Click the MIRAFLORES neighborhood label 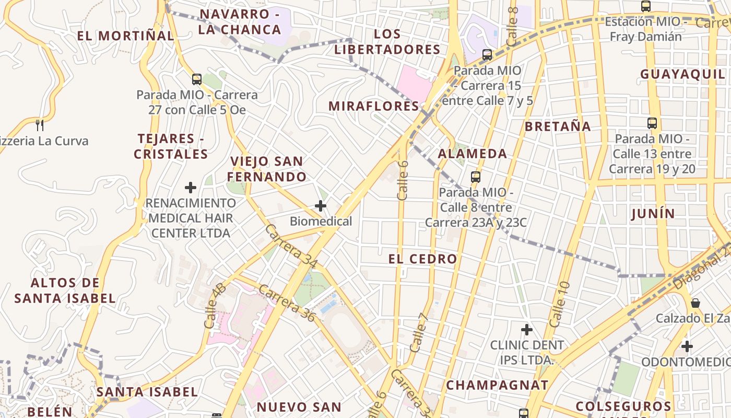pyautogui.click(x=373, y=106)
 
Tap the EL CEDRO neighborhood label pyautogui.click(x=422, y=259)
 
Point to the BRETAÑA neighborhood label pyautogui.click(x=558, y=126)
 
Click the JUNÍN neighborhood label pyautogui.click(x=653, y=213)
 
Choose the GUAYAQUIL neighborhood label pyautogui.click(x=683, y=74)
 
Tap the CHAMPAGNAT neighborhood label pyautogui.click(x=497, y=386)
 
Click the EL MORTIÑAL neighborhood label pyautogui.click(x=125, y=36)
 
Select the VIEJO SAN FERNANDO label pyautogui.click(x=267, y=169)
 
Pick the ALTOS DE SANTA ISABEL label pyautogui.click(x=65, y=291)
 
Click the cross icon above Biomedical pyautogui.click(x=321, y=206)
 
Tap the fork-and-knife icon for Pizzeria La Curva pyautogui.click(x=39, y=125)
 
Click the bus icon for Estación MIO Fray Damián pyautogui.click(x=646, y=6)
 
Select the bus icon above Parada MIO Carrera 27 pyautogui.click(x=196, y=79)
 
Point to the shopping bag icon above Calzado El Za pyautogui.click(x=695, y=303)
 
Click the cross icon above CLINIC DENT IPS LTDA pyautogui.click(x=527, y=330)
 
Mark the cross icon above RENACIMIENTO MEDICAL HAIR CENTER pyautogui.click(x=191, y=187)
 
